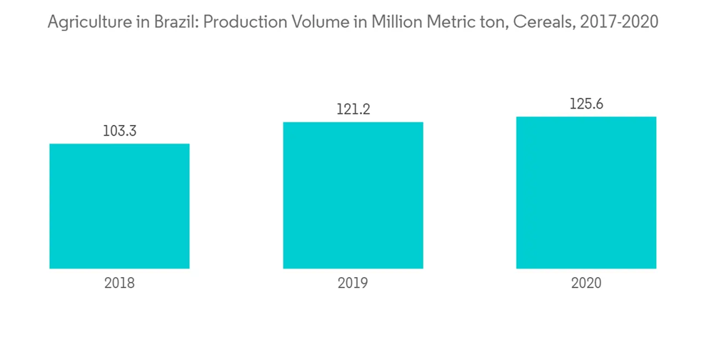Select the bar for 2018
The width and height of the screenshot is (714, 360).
tap(119, 206)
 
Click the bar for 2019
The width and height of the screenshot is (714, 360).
tap(353, 195)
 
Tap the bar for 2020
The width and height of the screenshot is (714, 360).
tap(586, 192)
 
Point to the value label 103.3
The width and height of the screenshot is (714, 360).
tap(119, 131)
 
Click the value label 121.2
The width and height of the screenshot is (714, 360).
tap(353, 109)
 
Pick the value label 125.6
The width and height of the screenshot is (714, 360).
tap(586, 104)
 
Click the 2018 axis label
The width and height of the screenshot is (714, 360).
tap(119, 283)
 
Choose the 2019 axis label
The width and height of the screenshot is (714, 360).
tap(353, 283)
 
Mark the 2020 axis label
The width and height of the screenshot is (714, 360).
tap(586, 283)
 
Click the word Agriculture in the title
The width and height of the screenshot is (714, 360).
tap(84, 23)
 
